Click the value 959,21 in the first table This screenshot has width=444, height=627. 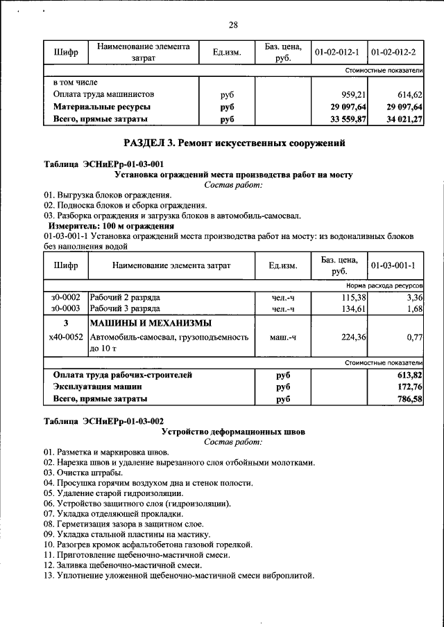(x=351, y=94)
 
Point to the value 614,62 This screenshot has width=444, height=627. (x=409, y=94)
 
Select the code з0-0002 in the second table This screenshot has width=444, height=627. (x=65, y=297)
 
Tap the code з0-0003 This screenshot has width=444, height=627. (x=65, y=308)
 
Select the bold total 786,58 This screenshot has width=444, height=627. (x=410, y=400)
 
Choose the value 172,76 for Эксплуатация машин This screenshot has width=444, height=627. (x=410, y=387)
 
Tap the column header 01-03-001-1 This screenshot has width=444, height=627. (x=393, y=266)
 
